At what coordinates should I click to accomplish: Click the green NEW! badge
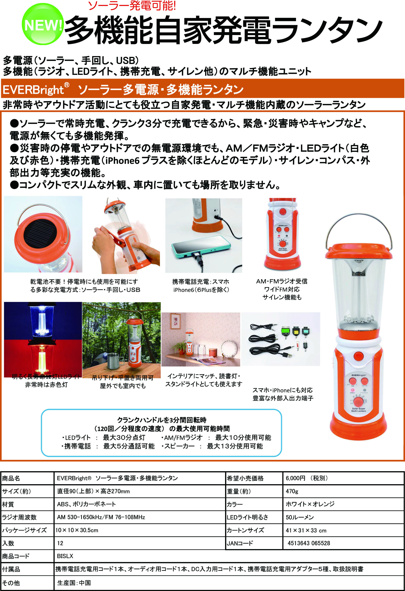(42, 24)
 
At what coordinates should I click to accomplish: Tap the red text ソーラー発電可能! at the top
(132, 6)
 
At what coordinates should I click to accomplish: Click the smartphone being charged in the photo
(201, 246)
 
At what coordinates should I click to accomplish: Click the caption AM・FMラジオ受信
(282, 281)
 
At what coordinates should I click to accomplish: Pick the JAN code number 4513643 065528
(309, 543)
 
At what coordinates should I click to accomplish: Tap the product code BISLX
(65, 556)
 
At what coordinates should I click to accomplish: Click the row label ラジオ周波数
(19, 517)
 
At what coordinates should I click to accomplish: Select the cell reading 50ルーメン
(300, 517)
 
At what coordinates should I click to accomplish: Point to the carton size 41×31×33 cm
(306, 530)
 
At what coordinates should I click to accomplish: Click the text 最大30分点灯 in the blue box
(124, 437)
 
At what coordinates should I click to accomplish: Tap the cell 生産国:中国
(74, 583)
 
